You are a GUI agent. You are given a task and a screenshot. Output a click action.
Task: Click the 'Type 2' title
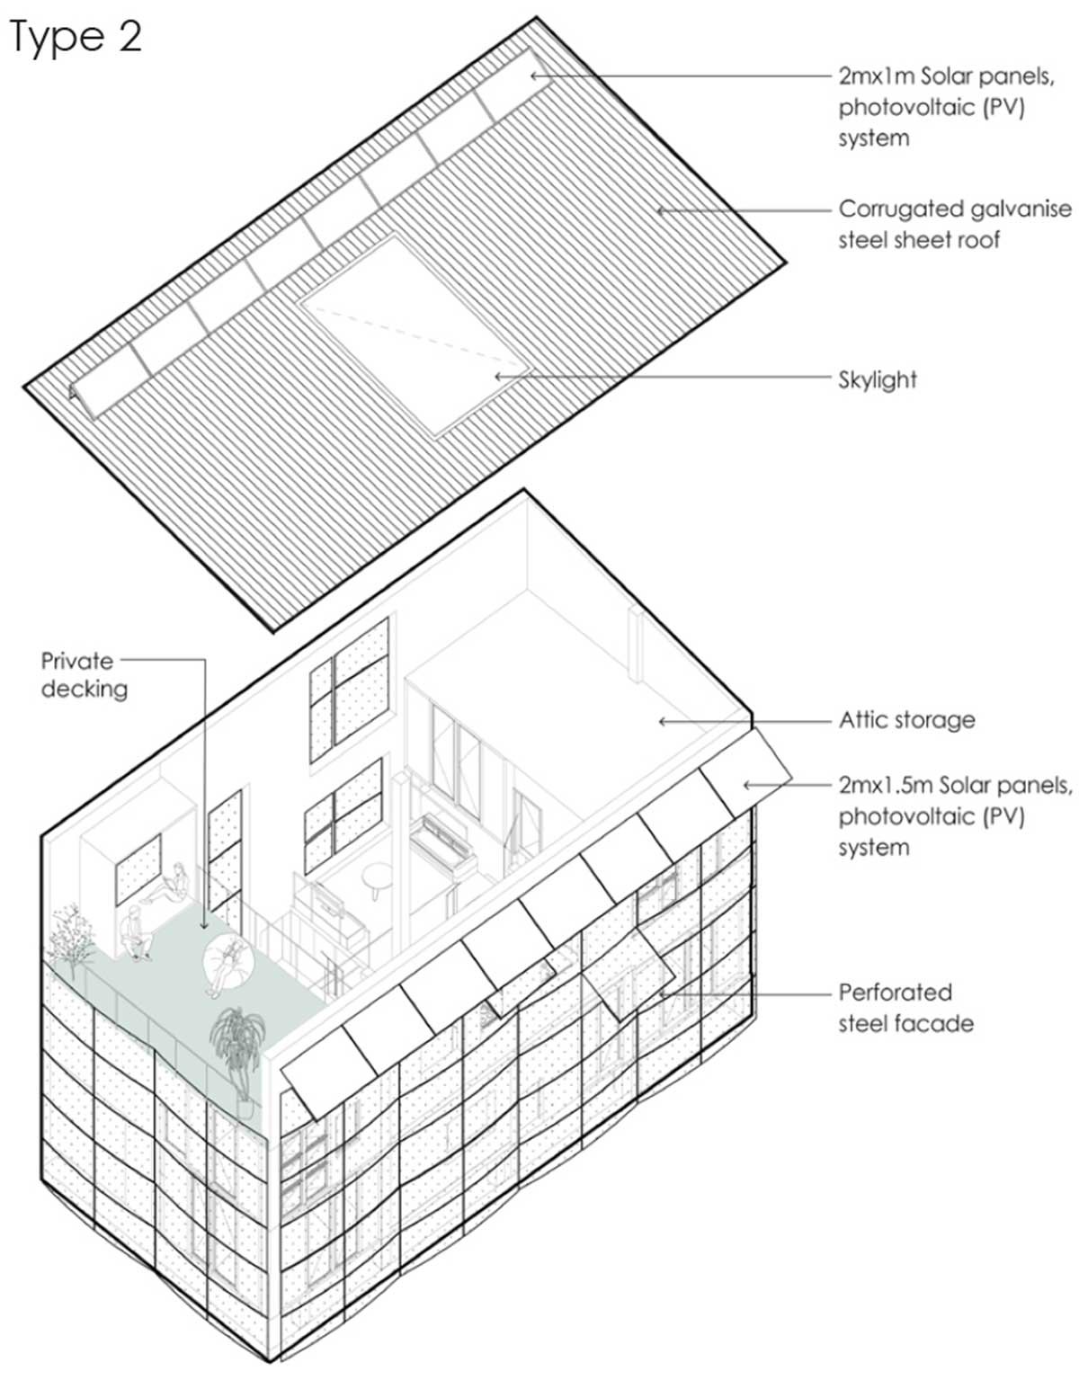[x=76, y=37]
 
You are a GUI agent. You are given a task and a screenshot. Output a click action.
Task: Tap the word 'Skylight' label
[x=877, y=379]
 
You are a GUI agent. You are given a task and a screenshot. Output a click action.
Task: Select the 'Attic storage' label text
[x=907, y=719]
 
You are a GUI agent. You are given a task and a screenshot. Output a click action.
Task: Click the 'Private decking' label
[x=84, y=675]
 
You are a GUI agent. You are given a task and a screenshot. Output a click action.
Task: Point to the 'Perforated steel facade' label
[x=905, y=1008]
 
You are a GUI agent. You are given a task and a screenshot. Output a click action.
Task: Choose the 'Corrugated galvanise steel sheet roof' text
[x=955, y=224]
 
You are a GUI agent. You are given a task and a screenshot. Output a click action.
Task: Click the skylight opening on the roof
[x=414, y=336]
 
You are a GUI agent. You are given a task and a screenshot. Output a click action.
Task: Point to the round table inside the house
[x=379, y=877]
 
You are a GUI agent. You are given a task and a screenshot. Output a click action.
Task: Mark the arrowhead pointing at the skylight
[x=501, y=377]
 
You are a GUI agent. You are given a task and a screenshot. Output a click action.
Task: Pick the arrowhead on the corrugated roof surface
[x=662, y=210]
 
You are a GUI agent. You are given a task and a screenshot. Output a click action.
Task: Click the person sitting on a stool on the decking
[x=135, y=932]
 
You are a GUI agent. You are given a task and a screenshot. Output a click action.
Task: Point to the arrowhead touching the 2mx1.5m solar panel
[x=748, y=786]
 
